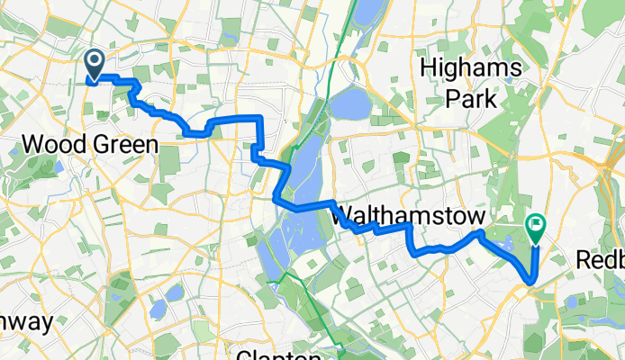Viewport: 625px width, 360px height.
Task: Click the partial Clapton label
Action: pyautogui.click(x=279, y=354)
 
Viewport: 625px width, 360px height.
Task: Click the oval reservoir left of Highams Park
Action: pyautogui.click(x=349, y=105)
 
